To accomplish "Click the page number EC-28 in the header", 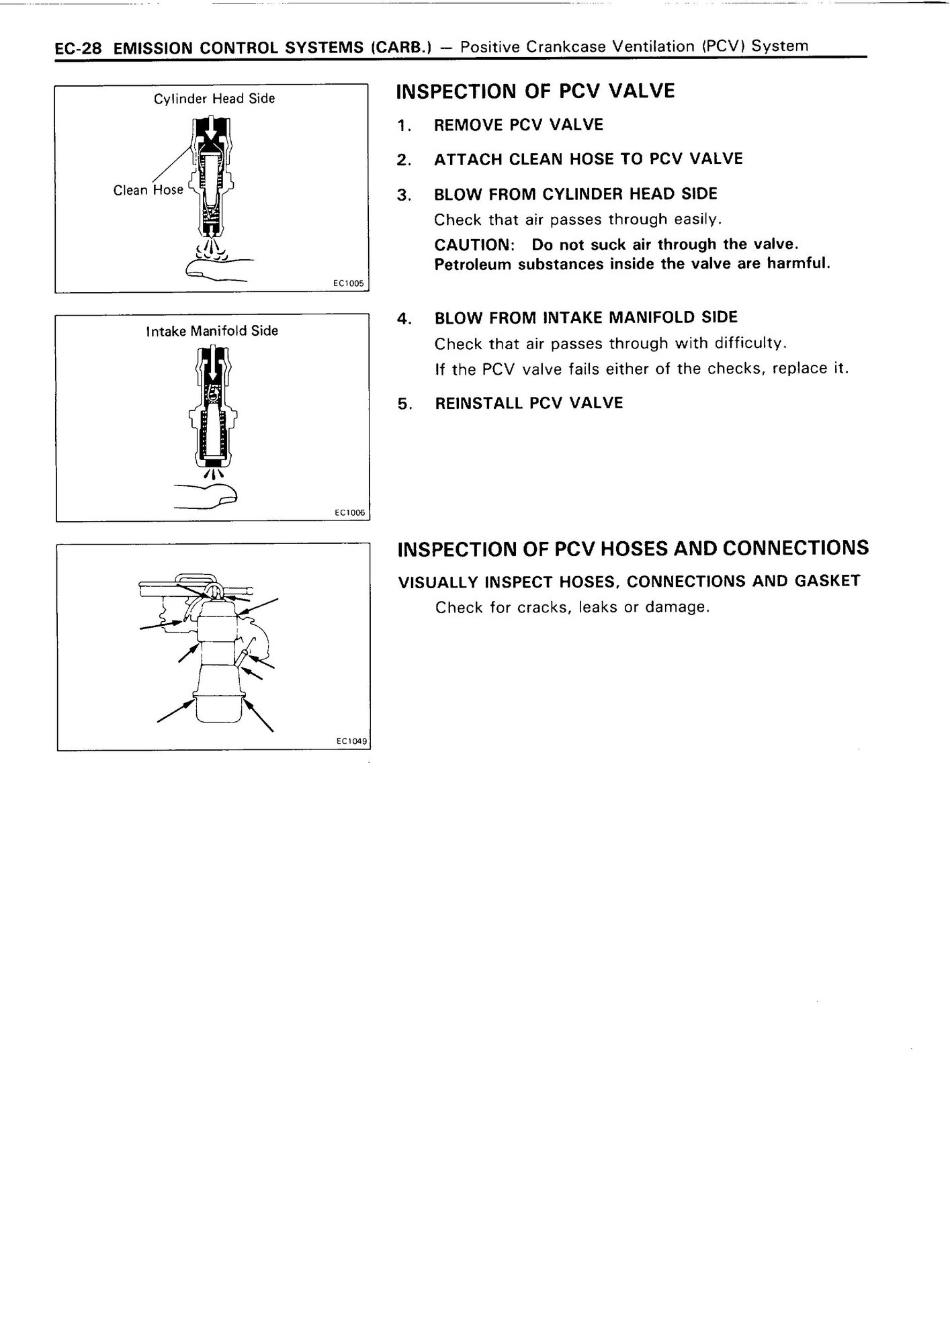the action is click(x=77, y=49).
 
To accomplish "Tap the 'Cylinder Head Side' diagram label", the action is click(x=214, y=99).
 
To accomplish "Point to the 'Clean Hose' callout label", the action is click(x=148, y=190).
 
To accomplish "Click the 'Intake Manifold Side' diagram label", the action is click(x=212, y=331).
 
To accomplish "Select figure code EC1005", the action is click(x=349, y=283).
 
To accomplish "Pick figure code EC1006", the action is click(x=349, y=513).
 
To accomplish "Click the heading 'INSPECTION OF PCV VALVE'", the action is click(x=535, y=91).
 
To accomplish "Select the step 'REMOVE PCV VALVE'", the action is click(x=519, y=125).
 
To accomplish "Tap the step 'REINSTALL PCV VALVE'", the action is click(x=529, y=403).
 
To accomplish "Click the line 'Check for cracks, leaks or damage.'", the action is click(x=572, y=608).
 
